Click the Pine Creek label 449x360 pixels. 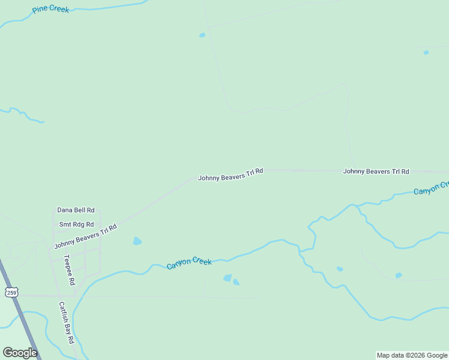(x=51, y=10)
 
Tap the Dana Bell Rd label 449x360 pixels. (x=76, y=210)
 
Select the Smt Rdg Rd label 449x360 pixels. (x=76, y=224)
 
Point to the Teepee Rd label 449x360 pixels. (x=69, y=269)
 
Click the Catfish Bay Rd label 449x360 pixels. (x=66, y=322)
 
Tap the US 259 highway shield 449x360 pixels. (x=11, y=292)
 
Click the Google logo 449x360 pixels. (x=20, y=353)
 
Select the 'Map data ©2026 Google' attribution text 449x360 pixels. (x=412, y=355)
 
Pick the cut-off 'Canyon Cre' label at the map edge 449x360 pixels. (x=430, y=188)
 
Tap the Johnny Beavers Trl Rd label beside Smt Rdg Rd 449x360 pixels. (x=85, y=236)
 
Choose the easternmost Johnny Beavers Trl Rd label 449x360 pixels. (x=376, y=171)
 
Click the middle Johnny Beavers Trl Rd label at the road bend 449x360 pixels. (x=231, y=175)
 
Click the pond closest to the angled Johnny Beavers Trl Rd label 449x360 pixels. (x=137, y=241)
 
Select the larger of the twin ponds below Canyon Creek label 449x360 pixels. (x=228, y=278)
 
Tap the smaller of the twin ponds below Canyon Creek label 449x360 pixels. (x=236, y=282)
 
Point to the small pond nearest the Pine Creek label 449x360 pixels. (x=202, y=35)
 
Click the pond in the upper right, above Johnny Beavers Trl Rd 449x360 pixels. (x=426, y=53)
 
